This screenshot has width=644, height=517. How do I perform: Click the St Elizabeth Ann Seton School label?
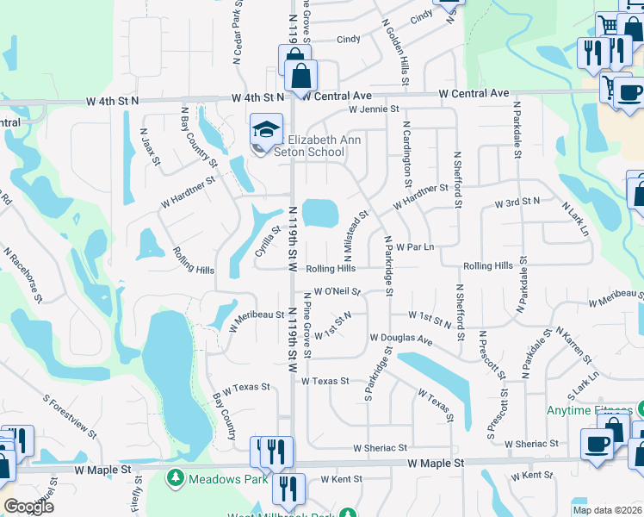[315, 146]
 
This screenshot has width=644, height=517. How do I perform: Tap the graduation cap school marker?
[267, 130]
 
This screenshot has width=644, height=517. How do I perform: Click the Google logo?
[28, 506]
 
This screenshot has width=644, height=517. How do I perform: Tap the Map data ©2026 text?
[607, 510]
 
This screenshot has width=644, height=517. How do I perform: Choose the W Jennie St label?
[375, 109]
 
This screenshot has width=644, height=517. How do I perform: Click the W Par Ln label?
[415, 247]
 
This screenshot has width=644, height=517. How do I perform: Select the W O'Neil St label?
[337, 292]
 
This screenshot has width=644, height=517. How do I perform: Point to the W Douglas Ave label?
[401, 339]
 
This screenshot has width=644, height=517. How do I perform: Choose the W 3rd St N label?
[517, 202]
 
